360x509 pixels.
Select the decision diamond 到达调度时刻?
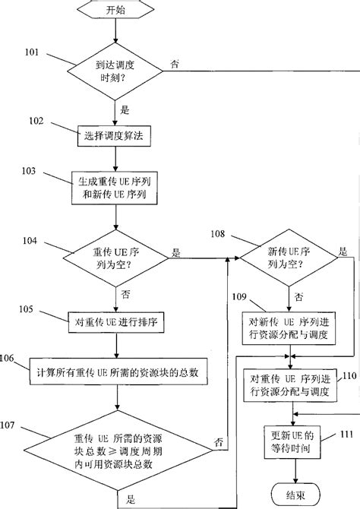pyautogui.click(x=115, y=72)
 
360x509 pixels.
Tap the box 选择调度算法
pyautogui.click(x=115, y=136)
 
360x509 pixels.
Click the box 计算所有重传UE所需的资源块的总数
pyautogui.click(x=115, y=372)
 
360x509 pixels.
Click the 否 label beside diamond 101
pyautogui.click(x=175, y=64)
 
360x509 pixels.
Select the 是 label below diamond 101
pyautogui.click(x=124, y=109)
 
